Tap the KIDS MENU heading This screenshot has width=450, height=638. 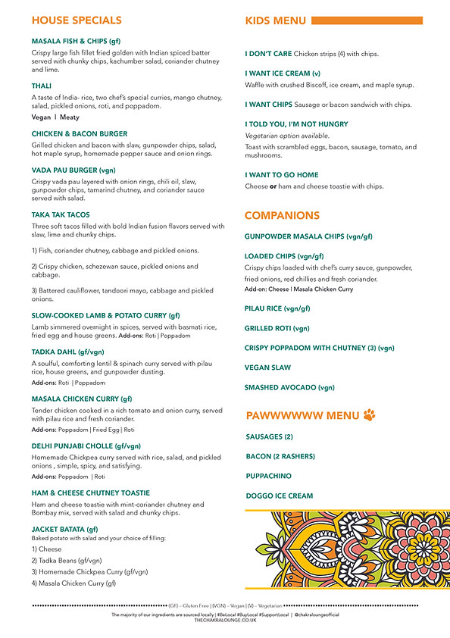tap(276, 20)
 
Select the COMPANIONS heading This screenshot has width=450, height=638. tap(282, 216)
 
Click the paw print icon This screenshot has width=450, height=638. tap(369, 415)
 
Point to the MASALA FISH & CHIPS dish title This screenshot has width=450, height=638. tap(76, 41)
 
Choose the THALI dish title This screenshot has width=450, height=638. tap(42, 86)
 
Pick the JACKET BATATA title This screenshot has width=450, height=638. tap(65, 529)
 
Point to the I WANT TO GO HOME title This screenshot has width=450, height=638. tap(281, 175)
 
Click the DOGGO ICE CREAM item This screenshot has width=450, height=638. tap(280, 496)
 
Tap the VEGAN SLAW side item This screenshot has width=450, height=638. tap(269, 367)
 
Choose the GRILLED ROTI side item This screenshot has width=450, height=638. tap(277, 328)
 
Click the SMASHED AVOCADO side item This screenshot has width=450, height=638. tap(289, 387)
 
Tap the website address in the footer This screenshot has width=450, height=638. tap(225, 619)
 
